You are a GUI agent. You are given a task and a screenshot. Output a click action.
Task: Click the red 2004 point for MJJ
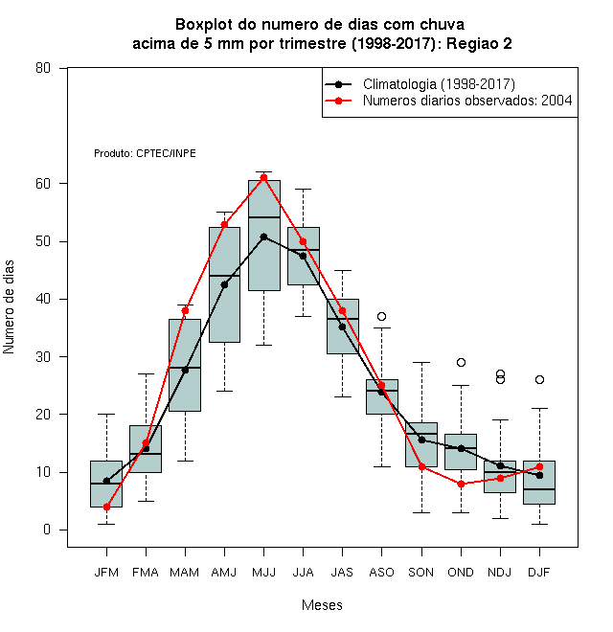pyautogui.click(x=263, y=178)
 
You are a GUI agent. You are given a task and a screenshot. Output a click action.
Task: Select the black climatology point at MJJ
pyautogui.click(x=263, y=237)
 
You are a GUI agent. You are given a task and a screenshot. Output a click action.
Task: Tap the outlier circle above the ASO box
pyautogui.click(x=381, y=316)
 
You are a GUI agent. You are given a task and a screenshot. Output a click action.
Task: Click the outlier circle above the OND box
pyautogui.click(x=461, y=362)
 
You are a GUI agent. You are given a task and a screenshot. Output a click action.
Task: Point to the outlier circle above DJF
pyautogui.click(x=539, y=380)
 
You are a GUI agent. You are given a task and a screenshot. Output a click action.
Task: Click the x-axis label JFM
pyautogui.click(x=106, y=573)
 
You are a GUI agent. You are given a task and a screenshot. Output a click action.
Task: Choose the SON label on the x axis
pyautogui.click(x=421, y=573)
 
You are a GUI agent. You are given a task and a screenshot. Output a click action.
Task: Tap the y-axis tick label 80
pyautogui.click(x=43, y=68)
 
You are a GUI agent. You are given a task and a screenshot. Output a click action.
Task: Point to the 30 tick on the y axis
pyautogui.click(x=43, y=357)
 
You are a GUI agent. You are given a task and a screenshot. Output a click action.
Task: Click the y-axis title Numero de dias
pyautogui.click(x=9, y=307)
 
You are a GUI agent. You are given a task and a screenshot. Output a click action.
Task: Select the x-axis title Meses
pyautogui.click(x=322, y=605)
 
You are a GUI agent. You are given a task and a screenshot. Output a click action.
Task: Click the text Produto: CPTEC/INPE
pyautogui.click(x=145, y=153)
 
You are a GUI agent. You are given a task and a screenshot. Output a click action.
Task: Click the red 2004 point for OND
pyautogui.click(x=461, y=484)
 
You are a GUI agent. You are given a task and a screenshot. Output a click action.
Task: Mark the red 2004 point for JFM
pyautogui.click(x=106, y=507)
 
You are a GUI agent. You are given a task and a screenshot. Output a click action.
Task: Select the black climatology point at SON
pyautogui.click(x=421, y=440)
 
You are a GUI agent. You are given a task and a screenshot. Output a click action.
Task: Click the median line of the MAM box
pyautogui.click(x=185, y=368)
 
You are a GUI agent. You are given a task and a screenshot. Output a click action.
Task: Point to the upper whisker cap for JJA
pyautogui.click(x=303, y=189)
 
